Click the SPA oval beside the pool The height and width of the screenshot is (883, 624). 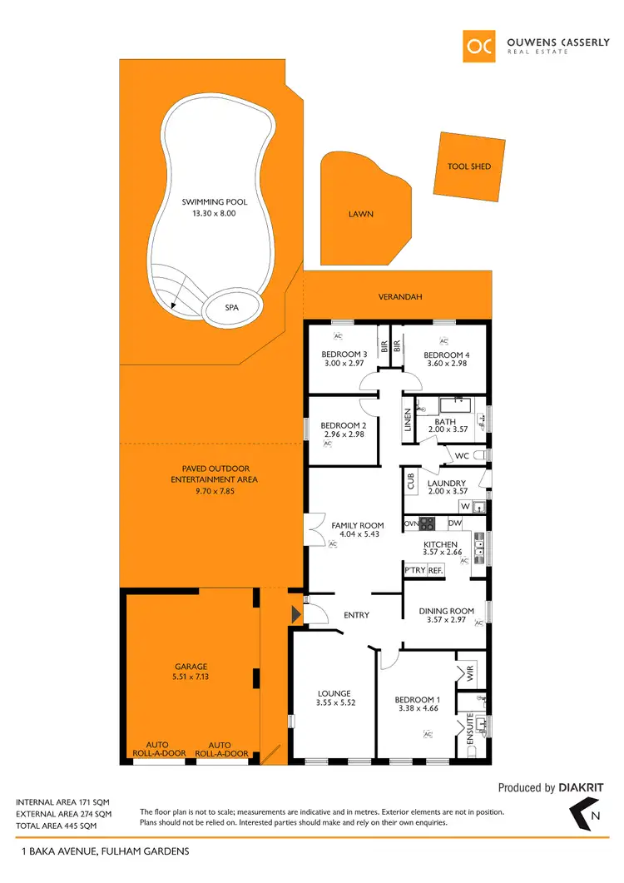[232, 307]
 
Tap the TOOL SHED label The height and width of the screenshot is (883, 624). [469, 166]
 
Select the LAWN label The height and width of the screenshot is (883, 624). [361, 214]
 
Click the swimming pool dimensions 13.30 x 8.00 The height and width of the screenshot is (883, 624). [214, 213]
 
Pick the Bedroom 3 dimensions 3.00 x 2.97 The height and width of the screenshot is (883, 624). [344, 364]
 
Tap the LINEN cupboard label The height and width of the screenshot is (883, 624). [408, 419]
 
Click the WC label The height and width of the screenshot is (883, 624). [462, 456]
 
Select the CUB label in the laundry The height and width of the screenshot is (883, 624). [411, 482]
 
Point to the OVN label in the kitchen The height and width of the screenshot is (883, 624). [410, 523]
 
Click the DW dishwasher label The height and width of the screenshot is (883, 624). [454, 523]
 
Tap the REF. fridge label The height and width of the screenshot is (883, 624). [436, 570]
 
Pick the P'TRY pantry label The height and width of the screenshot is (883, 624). [414, 570]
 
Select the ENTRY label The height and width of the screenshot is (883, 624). [356, 615]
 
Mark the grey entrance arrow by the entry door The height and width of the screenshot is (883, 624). [295, 615]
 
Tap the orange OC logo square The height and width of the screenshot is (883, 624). [482, 47]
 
